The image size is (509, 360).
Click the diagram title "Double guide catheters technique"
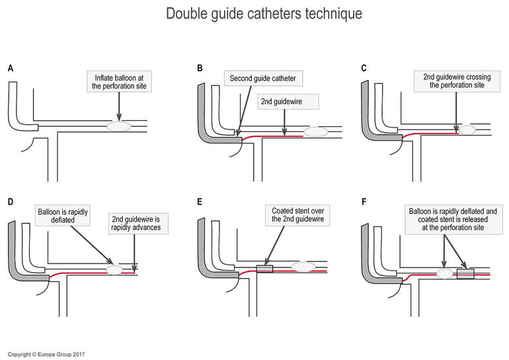[x=255, y=14]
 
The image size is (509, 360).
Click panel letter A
[x=11, y=68]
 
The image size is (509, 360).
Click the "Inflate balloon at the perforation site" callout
[x=119, y=82]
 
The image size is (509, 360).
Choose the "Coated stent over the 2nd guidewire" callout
[x=297, y=215]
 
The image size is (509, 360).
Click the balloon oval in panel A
[x=120, y=125]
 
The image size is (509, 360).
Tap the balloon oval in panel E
[x=303, y=267]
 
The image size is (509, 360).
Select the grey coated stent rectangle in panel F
[x=465, y=273]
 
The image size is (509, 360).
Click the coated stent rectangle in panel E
[x=264, y=268]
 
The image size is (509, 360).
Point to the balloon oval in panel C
[x=468, y=130]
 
